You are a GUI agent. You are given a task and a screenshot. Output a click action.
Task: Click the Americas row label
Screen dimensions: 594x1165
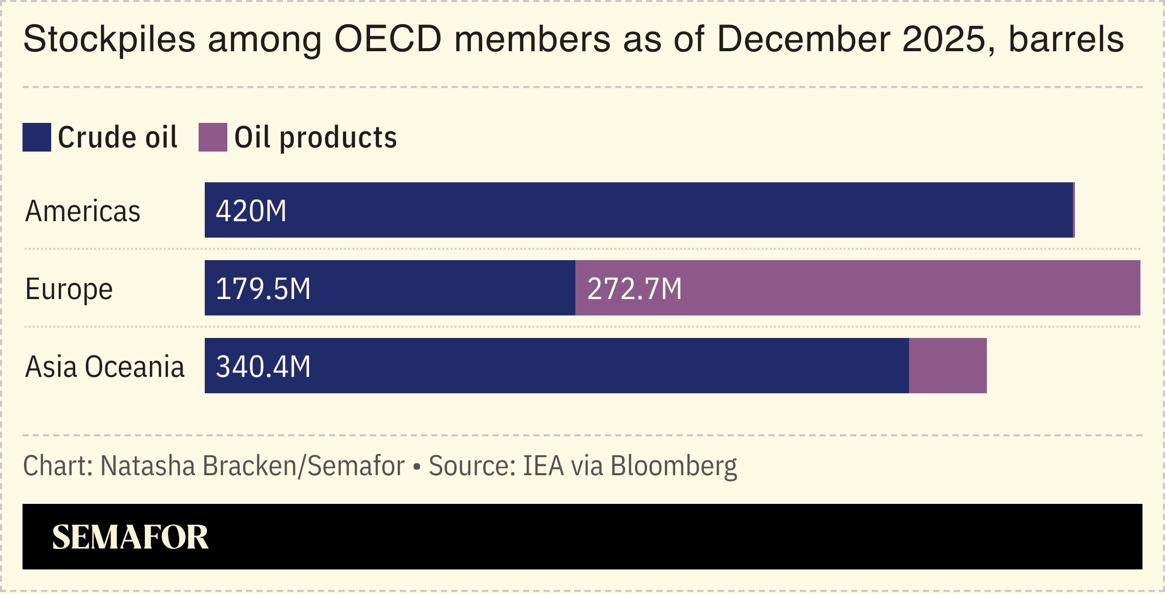pyautogui.click(x=82, y=211)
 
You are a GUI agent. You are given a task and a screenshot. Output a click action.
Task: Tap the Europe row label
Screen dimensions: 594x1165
pyautogui.click(x=69, y=289)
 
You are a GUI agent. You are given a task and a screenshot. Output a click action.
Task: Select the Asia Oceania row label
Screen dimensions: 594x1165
pyautogui.click(x=104, y=367)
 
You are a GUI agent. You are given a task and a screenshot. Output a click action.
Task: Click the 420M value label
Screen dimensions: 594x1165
pyautogui.click(x=251, y=211)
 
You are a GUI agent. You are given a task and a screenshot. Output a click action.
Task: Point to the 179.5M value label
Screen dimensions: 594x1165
pyautogui.click(x=263, y=289)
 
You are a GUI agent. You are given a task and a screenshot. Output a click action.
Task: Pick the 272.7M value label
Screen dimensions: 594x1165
pyautogui.click(x=634, y=289)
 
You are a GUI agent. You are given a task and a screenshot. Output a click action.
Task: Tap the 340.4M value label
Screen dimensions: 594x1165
pyautogui.click(x=263, y=367)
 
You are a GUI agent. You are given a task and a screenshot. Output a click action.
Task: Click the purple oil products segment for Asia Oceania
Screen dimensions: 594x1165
pyautogui.click(x=947, y=366)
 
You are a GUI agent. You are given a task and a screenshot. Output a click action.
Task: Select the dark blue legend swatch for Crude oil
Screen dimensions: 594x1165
pyautogui.click(x=36, y=137)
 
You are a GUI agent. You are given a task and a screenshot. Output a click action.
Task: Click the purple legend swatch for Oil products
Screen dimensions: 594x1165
pyautogui.click(x=212, y=137)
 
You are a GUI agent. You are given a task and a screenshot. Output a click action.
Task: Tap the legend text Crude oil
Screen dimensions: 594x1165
pyautogui.click(x=117, y=137)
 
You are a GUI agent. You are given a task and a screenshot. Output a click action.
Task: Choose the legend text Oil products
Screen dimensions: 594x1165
pyautogui.click(x=315, y=137)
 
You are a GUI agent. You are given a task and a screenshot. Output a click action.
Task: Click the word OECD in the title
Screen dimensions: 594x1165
pyautogui.click(x=387, y=39)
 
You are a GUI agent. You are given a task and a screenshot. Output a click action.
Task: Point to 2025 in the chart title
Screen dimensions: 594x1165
pyautogui.click(x=943, y=39)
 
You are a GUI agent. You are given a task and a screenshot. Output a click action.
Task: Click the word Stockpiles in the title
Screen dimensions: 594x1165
pyautogui.click(x=109, y=39)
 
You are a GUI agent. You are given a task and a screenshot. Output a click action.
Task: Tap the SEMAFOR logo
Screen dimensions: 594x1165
pyautogui.click(x=130, y=537)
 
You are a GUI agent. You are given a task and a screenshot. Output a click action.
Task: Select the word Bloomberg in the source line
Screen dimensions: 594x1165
pyautogui.click(x=674, y=466)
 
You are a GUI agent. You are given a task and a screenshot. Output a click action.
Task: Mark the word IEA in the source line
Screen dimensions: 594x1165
pyautogui.click(x=543, y=466)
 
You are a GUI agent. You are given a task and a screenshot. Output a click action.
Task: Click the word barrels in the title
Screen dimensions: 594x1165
pyautogui.click(x=1066, y=39)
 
